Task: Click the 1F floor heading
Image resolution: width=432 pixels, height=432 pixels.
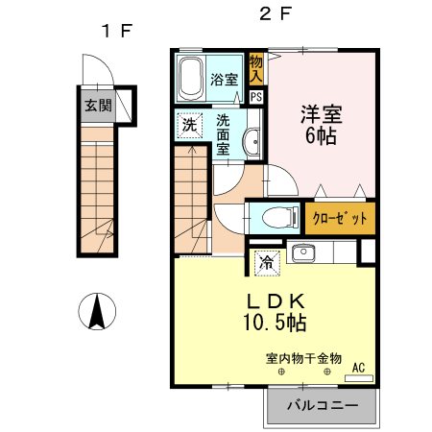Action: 115,30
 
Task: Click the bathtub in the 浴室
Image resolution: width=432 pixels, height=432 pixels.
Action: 191,77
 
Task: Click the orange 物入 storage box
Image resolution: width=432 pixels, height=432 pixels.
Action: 255,68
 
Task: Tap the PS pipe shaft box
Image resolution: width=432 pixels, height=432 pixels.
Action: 256,96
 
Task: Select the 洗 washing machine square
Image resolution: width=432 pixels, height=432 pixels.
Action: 189,126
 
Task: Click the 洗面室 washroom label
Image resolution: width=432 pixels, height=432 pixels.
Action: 223,135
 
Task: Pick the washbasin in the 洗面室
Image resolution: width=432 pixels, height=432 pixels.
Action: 252,141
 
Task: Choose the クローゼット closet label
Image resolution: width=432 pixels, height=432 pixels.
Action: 340,218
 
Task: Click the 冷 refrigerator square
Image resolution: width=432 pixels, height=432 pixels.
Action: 264,259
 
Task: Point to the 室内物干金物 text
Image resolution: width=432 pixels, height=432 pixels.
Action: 303,359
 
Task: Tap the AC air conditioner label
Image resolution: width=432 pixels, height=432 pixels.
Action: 358,367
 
